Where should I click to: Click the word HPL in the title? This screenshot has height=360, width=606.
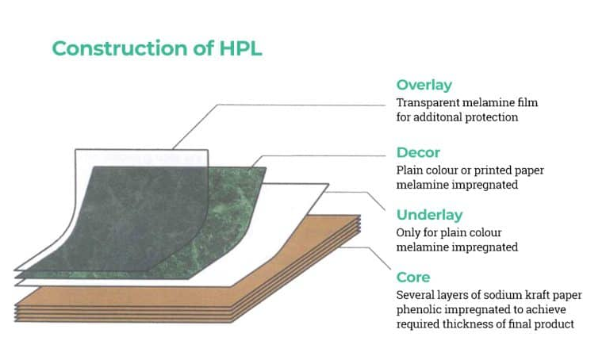click(x=240, y=48)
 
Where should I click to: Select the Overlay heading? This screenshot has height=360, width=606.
click(x=424, y=86)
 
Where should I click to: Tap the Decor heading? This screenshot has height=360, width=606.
click(x=418, y=152)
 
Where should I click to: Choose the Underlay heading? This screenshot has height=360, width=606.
click(x=429, y=215)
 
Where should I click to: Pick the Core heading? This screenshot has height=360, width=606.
click(x=413, y=278)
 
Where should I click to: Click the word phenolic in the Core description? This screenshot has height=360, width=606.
click(x=418, y=309)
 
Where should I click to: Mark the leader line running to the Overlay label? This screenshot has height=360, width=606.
click(x=301, y=104)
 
